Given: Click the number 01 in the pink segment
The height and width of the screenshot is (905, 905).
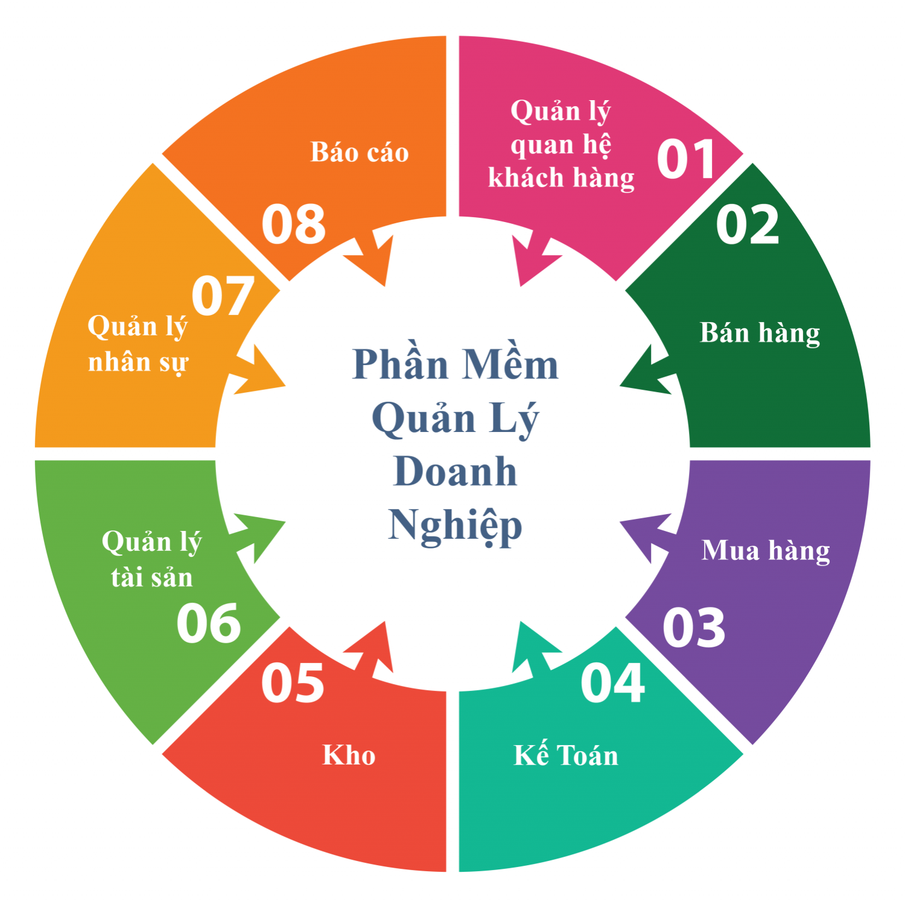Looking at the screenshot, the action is pyautogui.click(x=686, y=159).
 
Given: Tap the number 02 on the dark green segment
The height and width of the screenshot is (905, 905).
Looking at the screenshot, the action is pyautogui.click(x=748, y=224).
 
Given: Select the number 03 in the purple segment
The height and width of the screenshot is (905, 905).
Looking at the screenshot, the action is pyautogui.click(x=694, y=628).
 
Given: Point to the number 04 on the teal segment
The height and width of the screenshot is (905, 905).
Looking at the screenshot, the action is pyautogui.click(x=613, y=683).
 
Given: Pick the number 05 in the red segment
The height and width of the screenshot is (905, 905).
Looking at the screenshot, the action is pyautogui.click(x=293, y=683).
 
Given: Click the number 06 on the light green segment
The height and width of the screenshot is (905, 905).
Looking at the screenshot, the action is pyautogui.click(x=209, y=623).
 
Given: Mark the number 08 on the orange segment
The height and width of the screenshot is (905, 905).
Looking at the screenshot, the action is pyautogui.click(x=294, y=224).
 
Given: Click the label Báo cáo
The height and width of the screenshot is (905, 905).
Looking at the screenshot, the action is pyautogui.click(x=360, y=152).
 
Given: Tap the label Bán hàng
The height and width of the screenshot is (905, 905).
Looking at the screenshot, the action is pyautogui.click(x=760, y=334).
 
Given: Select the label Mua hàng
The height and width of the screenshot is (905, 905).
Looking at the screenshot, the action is pyautogui.click(x=766, y=551).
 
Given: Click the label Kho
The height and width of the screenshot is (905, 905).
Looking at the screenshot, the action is pyautogui.click(x=349, y=755).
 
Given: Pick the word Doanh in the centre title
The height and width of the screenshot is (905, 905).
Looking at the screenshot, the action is pyautogui.click(x=456, y=471).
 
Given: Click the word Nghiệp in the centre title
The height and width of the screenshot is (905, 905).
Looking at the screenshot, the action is pyautogui.click(x=455, y=526).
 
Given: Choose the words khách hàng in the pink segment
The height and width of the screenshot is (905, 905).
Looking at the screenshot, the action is pyautogui.click(x=561, y=179).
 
